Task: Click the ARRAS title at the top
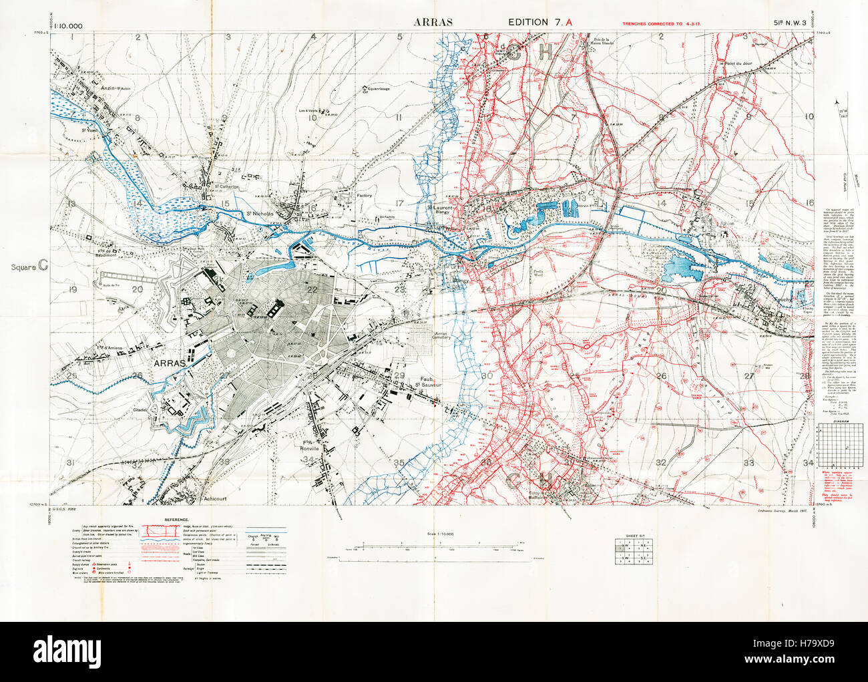[433, 22]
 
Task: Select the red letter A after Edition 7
[569, 22]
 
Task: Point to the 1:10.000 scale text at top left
[66, 26]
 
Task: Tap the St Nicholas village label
[258, 214]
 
